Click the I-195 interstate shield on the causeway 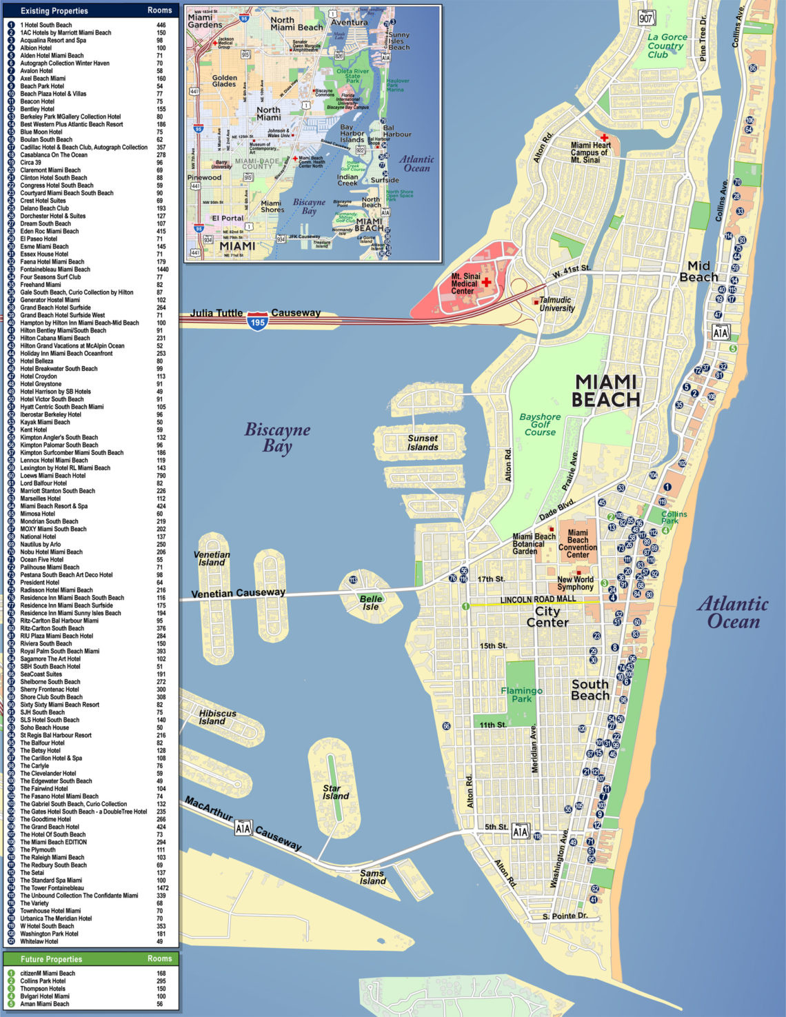pyautogui.click(x=258, y=321)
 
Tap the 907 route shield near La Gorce pyautogui.click(x=646, y=18)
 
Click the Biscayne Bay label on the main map pyautogui.click(x=277, y=438)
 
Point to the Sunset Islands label pyautogui.click(x=423, y=443)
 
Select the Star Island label pyautogui.click(x=335, y=792)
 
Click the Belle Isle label pyautogui.click(x=370, y=603)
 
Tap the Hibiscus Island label pyautogui.click(x=217, y=717)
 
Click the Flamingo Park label pyautogui.click(x=521, y=694)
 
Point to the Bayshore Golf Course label pyautogui.click(x=540, y=424)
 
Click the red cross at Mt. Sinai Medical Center pyautogui.click(x=487, y=283)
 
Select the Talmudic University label pyautogui.click(x=556, y=304)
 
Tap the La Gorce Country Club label pyautogui.click(x=667, y=46)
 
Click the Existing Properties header pyautogui.click(x=54, y=11)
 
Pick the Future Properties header pyautogui.click(x=51, y=959)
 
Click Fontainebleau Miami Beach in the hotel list pyautogui.click(x=55, y=270)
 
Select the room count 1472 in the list pyautogui.click(x=162, y=888)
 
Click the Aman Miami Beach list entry pyautogui.click(x=45, y=1004)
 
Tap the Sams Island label pyautogui.click(x=372, y=877)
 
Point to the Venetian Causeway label pyautogui.click(x=238, y=593)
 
